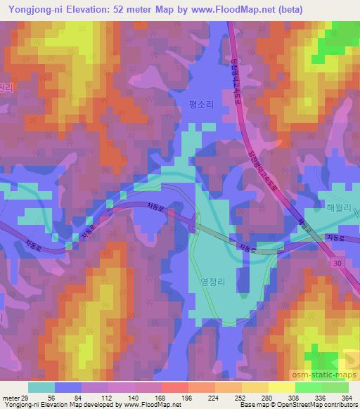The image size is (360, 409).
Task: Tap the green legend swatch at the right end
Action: (x=336, y=387)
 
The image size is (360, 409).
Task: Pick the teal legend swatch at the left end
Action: (x=41, y=387)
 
